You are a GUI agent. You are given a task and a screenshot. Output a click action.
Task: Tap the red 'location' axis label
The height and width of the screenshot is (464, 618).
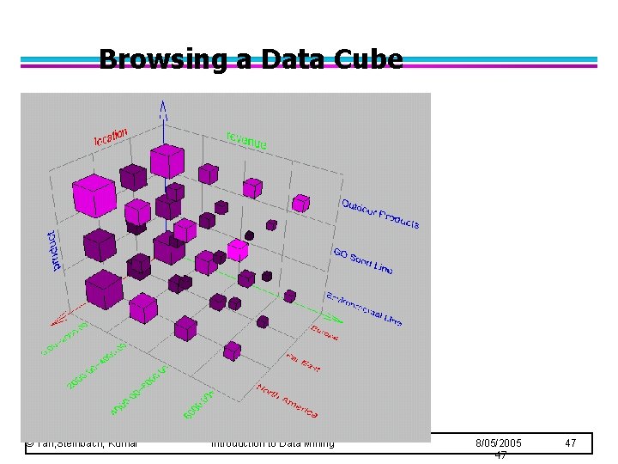click(x=112, y=136)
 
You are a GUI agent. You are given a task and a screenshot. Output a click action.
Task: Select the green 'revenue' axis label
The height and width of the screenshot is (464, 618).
click(x=246, y=139)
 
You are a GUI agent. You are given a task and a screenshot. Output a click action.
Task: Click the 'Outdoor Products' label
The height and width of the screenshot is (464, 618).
click(x=380, y=214)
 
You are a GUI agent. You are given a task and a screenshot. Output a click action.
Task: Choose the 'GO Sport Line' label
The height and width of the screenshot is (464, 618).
click(x=363, y=261)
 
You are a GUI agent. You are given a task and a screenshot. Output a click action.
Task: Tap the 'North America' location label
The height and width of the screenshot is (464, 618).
click(x=288, y=401)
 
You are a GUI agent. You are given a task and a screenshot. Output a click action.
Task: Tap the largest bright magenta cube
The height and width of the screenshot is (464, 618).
click(x=94, y=195)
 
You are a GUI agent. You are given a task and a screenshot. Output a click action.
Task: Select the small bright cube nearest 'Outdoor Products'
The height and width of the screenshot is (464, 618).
click(x=300, y=203)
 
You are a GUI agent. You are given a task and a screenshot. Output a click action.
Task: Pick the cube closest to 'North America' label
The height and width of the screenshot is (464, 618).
click(x=232, y=351)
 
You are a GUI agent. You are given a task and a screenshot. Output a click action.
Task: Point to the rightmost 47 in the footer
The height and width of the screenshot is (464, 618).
click(x=571, y=443)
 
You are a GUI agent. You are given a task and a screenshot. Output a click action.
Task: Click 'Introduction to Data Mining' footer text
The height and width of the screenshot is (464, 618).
click(x=272, y=443)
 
